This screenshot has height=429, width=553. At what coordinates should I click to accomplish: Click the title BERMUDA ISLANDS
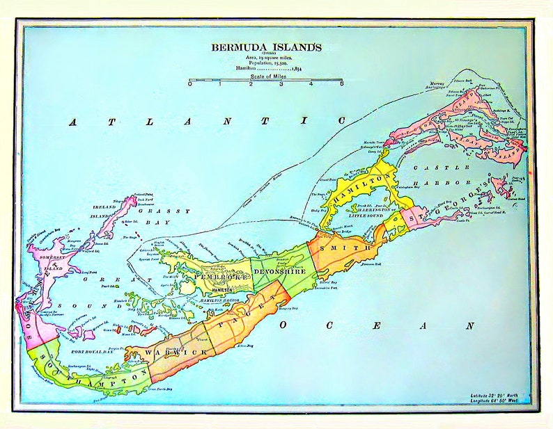(267, 47)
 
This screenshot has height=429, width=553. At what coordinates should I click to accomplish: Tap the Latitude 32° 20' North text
(499, 394)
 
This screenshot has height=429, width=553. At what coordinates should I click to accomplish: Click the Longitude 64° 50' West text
(499, 400)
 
